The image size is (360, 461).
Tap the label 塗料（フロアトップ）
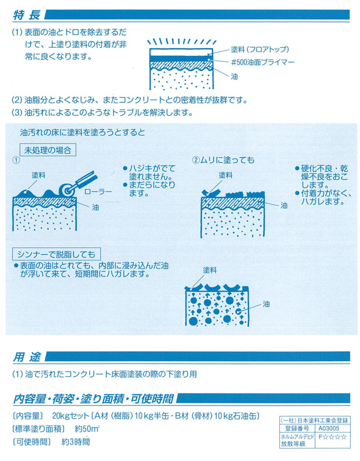click(260, 49)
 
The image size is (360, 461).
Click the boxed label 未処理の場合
click(49, 149)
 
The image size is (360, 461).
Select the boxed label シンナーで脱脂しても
click(60, 252)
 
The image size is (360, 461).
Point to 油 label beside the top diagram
click(234, 77)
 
